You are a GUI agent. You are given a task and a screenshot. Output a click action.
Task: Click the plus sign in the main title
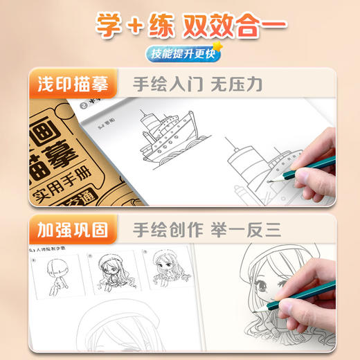pos(133,24)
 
